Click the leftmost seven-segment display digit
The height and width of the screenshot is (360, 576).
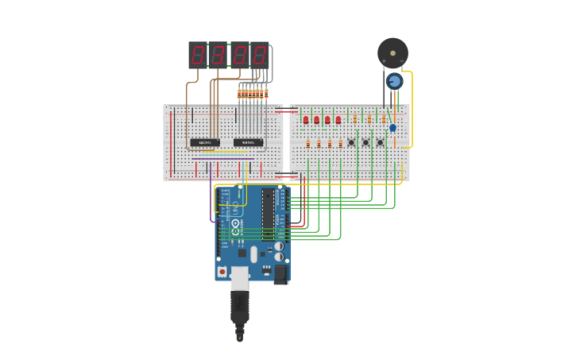coord(198,55)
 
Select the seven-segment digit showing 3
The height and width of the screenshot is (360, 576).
coord(218,55)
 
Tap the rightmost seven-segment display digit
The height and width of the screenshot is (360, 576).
coord(259,55)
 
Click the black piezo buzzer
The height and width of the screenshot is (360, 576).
coord(392,52)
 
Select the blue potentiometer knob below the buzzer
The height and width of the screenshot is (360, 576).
coord(394,81)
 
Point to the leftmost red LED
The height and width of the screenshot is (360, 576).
coord(306,120)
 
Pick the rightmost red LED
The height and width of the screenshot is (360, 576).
coord(338,120)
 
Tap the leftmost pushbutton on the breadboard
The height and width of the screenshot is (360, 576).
coord(351,142)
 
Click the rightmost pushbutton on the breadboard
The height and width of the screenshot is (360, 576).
coord(380,142)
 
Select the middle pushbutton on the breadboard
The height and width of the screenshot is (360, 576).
coord(365,142)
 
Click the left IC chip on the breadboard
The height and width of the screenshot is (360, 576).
coord(204,143)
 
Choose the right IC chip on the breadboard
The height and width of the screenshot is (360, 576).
coord(248,143)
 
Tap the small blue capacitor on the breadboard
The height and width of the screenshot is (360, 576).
coord(392,127)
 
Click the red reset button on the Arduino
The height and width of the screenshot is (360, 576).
coord(222,272)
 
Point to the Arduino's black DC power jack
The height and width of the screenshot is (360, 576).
coord(281,274)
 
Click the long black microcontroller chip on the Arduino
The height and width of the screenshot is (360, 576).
coord(268,215)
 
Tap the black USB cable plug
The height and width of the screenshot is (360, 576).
coord(239,306)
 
